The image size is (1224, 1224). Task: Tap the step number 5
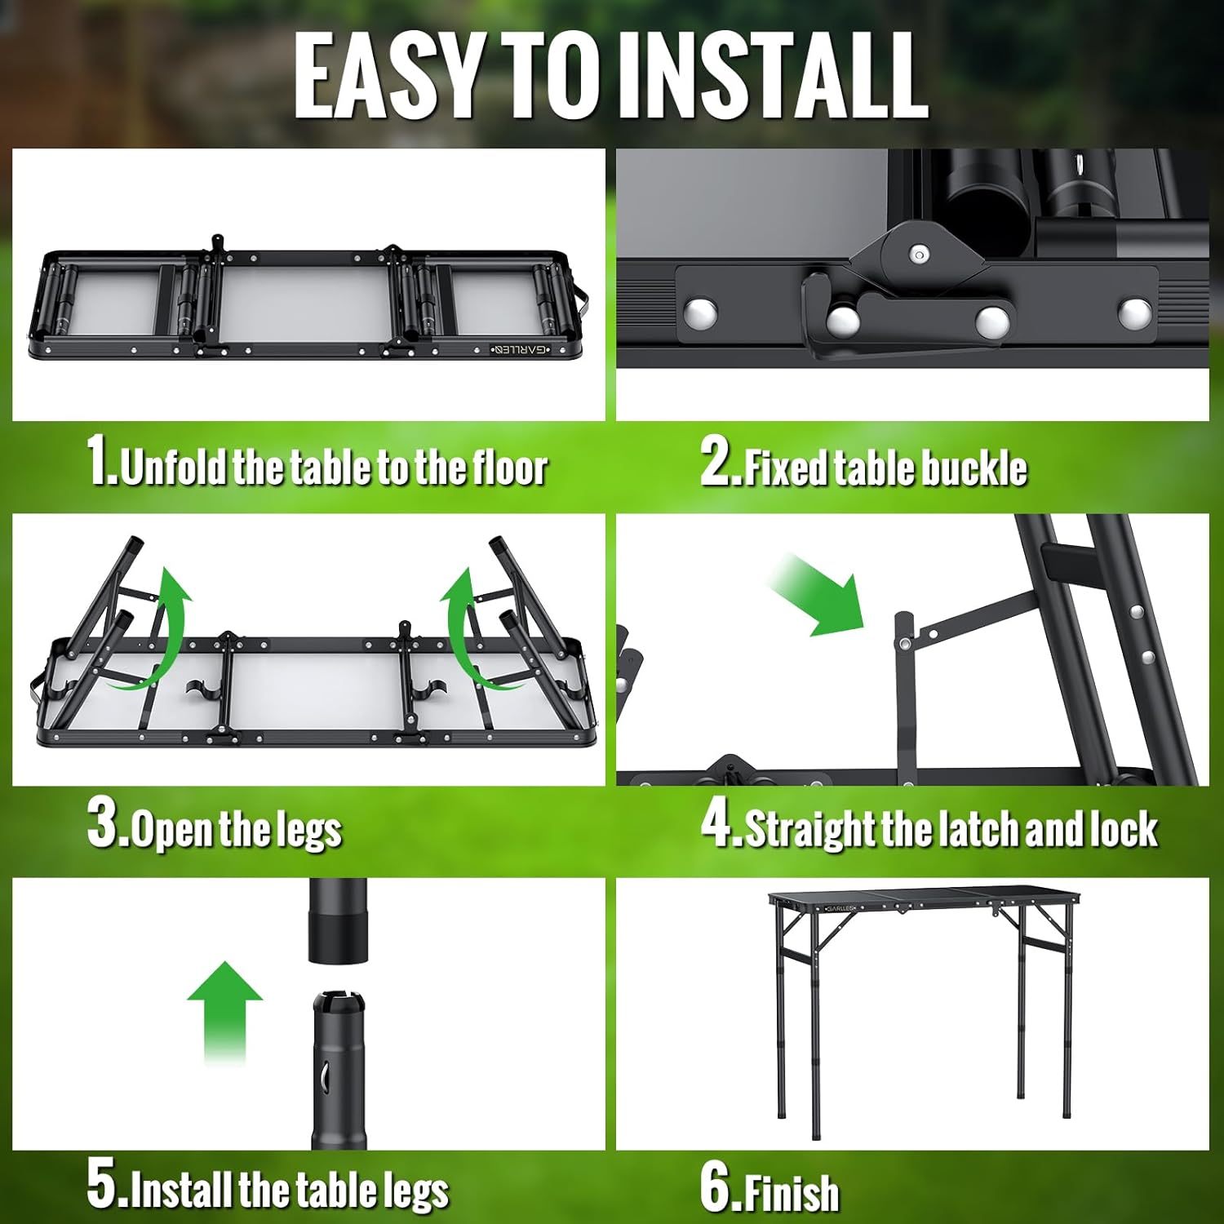tap(104, 1186)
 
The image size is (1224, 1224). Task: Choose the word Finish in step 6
tap(792, 1193)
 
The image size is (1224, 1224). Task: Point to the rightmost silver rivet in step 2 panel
tap(1134, 312)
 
